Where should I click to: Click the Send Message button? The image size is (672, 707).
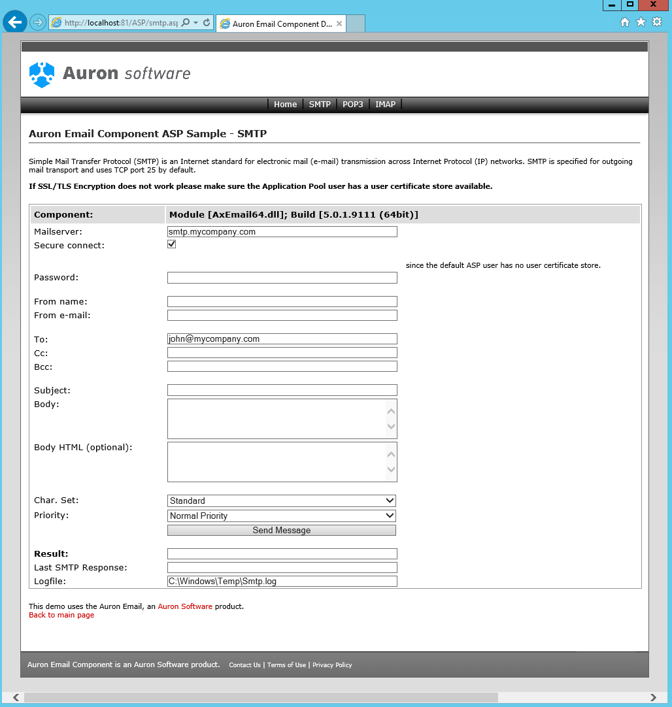point(282,531)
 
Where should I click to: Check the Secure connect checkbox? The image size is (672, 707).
point(172,244)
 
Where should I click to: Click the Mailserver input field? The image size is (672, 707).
point(282,232)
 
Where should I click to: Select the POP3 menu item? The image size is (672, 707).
point(352,105)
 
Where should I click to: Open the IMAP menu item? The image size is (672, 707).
point(385,105)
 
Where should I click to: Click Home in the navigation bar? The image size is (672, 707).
point(285,105)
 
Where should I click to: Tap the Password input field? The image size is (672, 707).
point(282,278)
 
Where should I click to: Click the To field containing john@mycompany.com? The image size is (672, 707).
point(282,339)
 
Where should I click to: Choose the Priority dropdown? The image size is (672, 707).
point(282,516)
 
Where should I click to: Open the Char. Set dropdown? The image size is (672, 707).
point(282,501)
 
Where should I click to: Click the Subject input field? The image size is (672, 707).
point(282,391)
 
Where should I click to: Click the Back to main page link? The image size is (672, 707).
point(61,616)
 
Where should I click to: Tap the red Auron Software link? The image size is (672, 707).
point(185,606)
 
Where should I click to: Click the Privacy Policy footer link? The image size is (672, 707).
point(332,665)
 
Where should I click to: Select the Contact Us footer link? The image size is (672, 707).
point(244,665)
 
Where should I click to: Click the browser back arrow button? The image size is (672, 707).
point(14,22)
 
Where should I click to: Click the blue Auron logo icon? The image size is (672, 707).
point(42,74)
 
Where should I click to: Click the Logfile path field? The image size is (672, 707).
point(282,582)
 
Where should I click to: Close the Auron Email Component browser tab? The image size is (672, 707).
point(339,24)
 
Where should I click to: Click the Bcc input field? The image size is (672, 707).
point(282,367)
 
